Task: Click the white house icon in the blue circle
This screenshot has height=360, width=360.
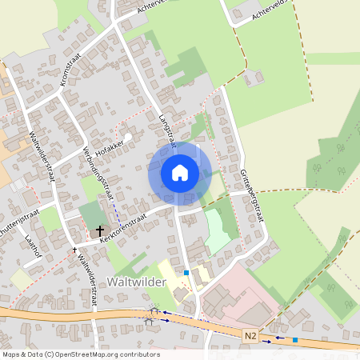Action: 180,172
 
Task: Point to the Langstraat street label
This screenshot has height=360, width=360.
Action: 167,129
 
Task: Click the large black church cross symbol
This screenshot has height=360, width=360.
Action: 100,230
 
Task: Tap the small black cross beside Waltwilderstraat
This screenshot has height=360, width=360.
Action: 74,250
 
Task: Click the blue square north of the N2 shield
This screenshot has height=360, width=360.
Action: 186,273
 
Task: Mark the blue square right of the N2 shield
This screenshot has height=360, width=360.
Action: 295,340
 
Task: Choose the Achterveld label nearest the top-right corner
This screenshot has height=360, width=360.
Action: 269,12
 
